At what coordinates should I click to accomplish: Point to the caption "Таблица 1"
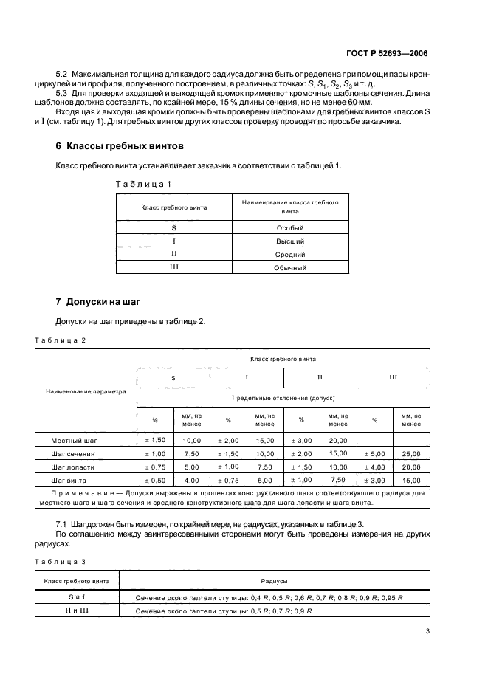point(144,183)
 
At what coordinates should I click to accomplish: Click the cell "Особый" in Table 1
point(290,228)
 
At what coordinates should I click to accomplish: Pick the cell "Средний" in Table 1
point(290,254)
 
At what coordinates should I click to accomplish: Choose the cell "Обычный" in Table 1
point(290,267)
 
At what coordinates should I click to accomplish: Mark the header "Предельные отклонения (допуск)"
point(283,397)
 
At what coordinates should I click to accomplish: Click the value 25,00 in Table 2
point(411,453)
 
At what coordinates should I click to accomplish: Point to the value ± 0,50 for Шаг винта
point(155,481)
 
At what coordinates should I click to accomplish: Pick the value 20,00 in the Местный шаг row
point(338,440)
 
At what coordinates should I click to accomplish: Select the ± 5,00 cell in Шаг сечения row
point(375,453)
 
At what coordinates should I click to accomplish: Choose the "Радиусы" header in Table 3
point(274,582)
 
